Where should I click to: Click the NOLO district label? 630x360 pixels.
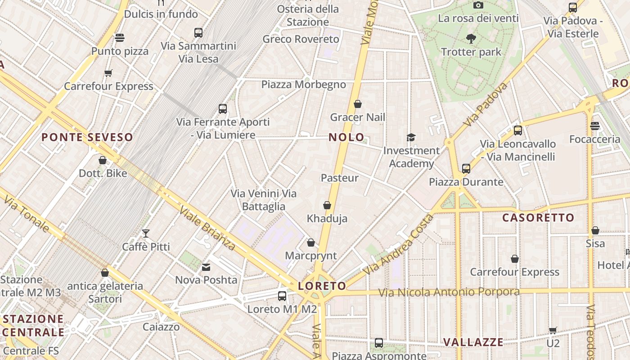tap(346, 137)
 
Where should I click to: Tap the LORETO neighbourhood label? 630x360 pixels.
tap(322, 286)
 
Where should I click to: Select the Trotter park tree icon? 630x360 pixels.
tap(471, 39)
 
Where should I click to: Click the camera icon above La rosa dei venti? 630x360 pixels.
tap(478, 5)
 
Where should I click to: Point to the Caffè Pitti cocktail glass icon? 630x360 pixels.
tap(146, 233)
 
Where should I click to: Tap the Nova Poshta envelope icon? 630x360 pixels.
tap(206, 267)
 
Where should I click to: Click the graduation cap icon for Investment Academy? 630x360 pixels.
tap(411, 137)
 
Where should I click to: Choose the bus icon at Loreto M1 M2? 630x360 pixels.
tap(282, 296)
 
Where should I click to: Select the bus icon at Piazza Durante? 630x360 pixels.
tap(466, 169)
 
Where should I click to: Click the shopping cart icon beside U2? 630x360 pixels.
tap(553, 330)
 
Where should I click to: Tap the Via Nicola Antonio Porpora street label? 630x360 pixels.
tap(449, 292)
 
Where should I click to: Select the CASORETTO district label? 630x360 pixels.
tap(538, 218)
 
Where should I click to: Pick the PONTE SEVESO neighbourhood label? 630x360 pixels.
tap(87, 137)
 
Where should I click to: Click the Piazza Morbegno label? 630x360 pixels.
tap(304, 85)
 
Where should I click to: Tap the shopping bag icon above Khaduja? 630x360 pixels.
tap(327, 205)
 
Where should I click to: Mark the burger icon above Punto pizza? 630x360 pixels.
tap(120, 37)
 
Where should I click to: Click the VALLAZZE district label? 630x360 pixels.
tap(473, 342)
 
